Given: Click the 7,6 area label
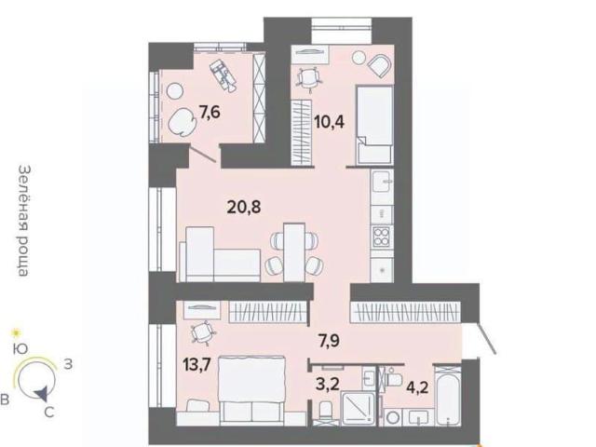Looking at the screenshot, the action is [210, 113].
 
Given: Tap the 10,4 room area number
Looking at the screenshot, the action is [329, 122].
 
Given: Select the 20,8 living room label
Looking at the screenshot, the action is [244, 207].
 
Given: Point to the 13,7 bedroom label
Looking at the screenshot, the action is [196, 365].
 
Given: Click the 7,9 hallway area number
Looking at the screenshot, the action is [329, 341].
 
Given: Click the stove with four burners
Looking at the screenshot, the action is [381, 237].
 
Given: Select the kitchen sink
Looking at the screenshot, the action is [382, 182].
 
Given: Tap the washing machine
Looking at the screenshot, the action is [394, 417].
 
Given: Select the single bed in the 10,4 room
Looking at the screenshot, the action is [374, 125].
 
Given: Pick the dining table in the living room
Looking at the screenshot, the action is [294, 252].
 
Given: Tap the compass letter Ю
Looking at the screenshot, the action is [20, 349].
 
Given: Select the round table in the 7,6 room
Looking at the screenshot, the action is [175, 91].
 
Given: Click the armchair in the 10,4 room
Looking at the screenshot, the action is [379, 65].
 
